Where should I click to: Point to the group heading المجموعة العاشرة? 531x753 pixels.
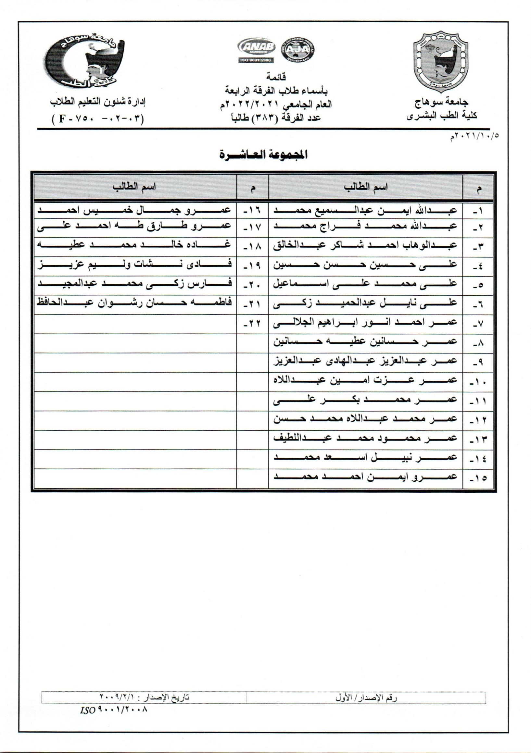[263, 155]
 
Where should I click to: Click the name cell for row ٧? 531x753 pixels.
[365, 323]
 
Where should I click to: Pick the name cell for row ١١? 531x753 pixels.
[365, 400]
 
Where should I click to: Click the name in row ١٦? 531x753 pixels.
[134, 211]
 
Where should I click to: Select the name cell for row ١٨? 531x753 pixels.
[134, 245]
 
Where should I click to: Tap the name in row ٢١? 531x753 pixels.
[134, 303]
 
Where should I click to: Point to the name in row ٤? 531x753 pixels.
[365, 265]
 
